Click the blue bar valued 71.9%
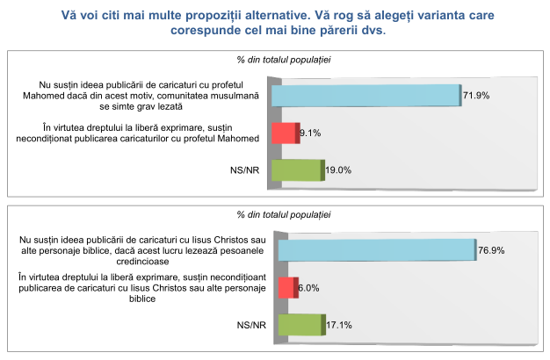pos(366,95)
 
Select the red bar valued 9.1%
pos(285,133)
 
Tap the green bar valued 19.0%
pos(297,170)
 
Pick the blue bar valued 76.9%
pos(376,249)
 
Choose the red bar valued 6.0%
pos(287,287)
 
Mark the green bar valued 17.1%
pos(300,325)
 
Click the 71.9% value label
pos(478,94)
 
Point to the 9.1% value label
pos(311,133)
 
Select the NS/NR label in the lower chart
pos(250,325)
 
